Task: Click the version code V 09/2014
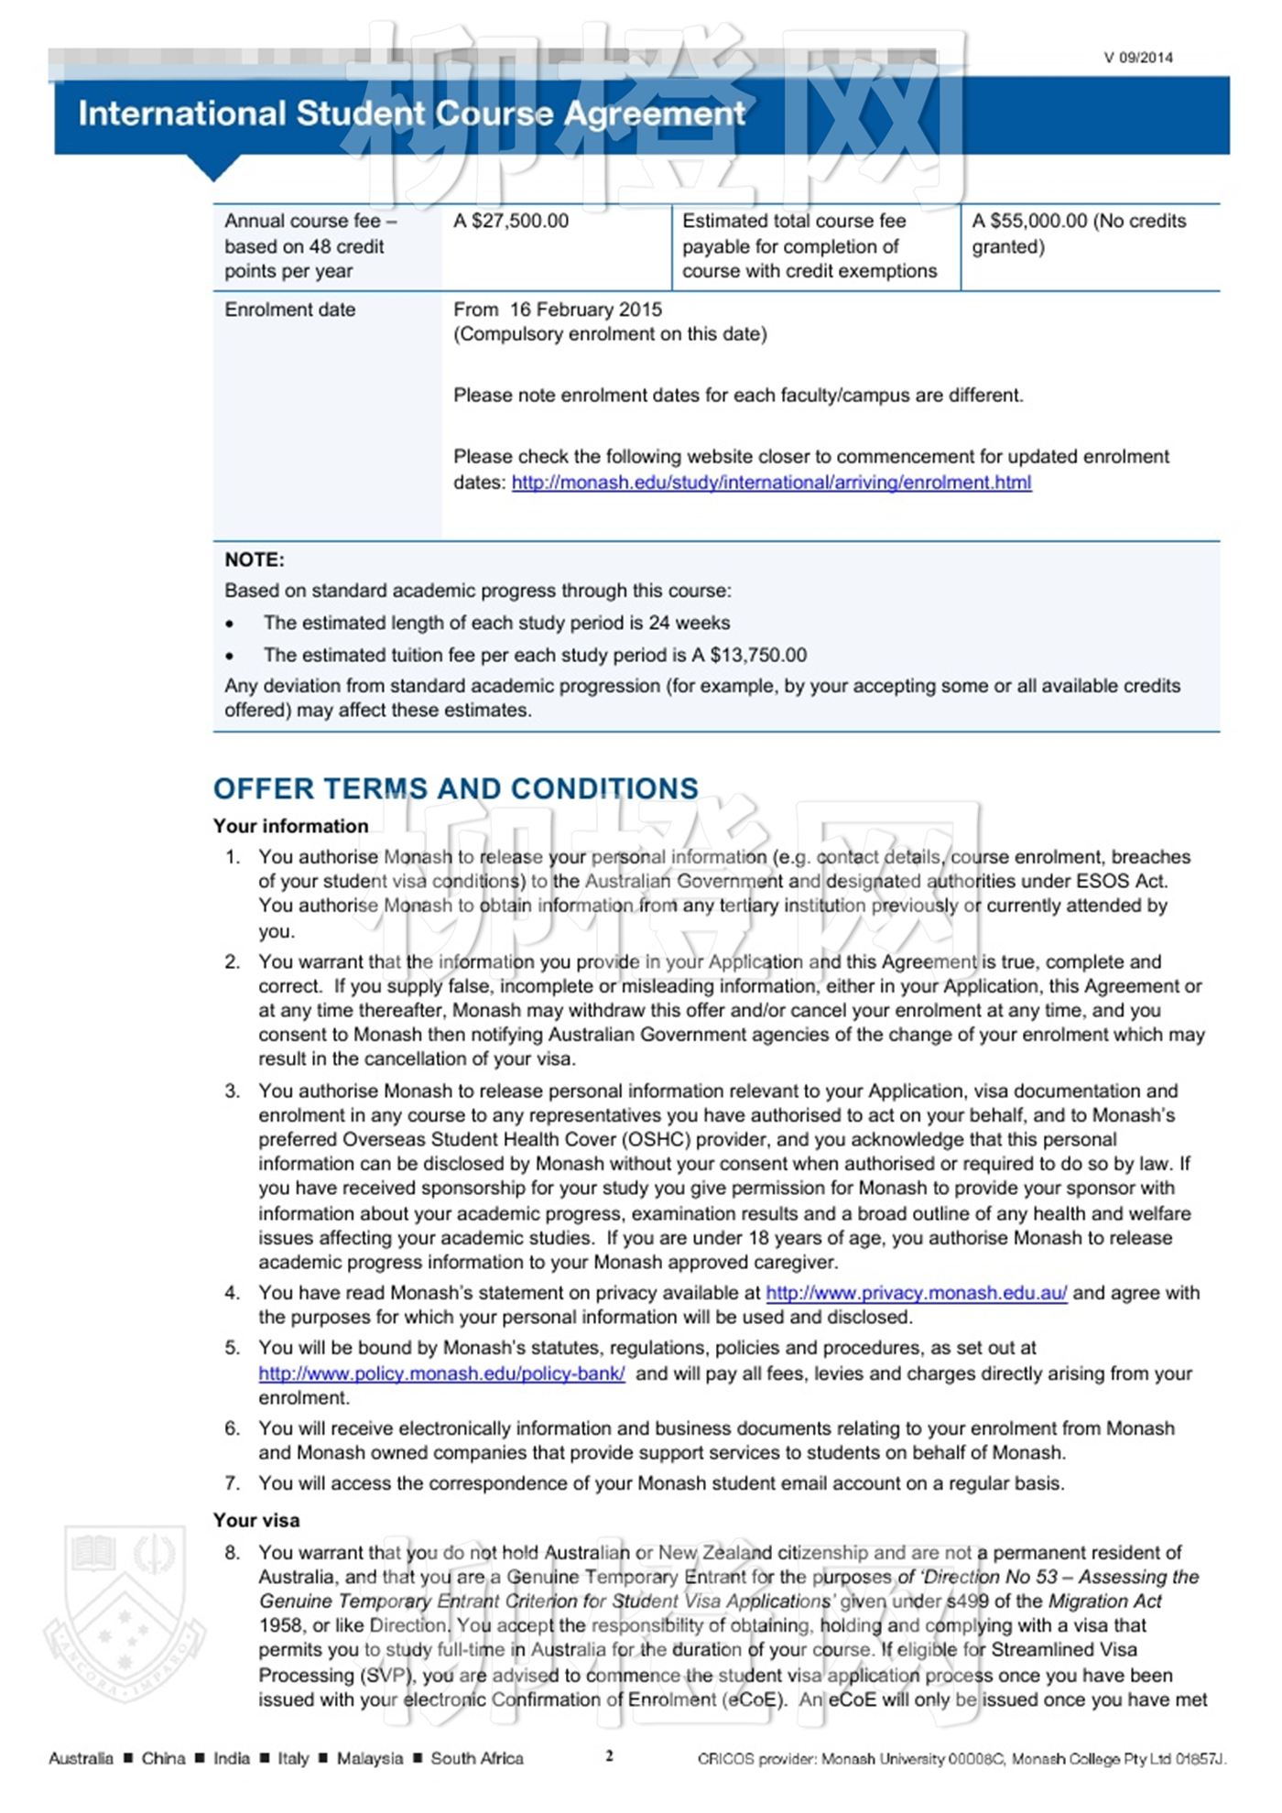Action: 1137,58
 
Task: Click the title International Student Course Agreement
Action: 411,114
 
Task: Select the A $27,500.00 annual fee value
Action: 511,221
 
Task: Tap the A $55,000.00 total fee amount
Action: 1029,221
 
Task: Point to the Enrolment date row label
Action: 289,309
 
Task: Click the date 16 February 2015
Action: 585,309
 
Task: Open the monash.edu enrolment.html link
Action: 771,483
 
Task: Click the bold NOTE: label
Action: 255,559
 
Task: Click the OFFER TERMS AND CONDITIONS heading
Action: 455,788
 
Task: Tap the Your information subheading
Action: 290,826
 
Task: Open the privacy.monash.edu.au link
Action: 916,1293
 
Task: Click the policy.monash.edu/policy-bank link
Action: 441,1373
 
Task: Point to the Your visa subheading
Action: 256,1520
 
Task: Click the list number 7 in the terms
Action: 232,1483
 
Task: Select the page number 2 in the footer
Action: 609,1755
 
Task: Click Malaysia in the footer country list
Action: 369,1758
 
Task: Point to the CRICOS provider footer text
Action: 961,1758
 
